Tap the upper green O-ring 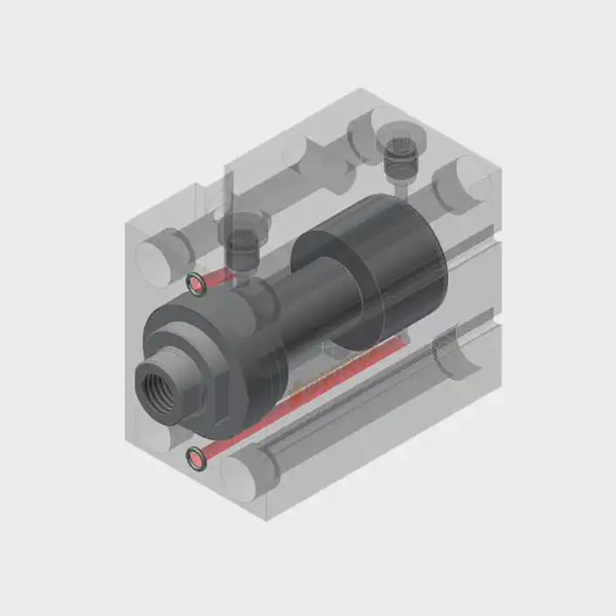[197, 282]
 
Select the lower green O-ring [198, 456]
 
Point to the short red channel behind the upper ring [219, 277]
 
